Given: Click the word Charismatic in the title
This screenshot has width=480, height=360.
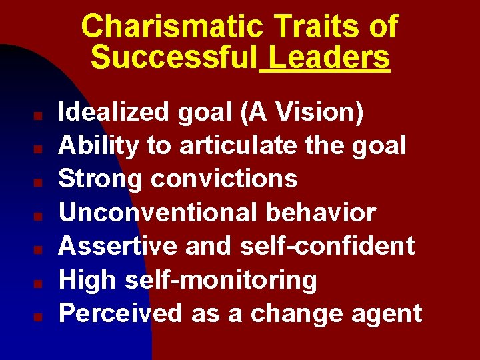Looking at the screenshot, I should (172, 27).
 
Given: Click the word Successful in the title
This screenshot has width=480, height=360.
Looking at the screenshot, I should (173, 58).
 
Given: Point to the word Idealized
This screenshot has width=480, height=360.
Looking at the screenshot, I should (114, 112).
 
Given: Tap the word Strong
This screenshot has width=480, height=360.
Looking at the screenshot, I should (101, 179).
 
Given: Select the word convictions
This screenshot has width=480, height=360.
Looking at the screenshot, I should (224, 179).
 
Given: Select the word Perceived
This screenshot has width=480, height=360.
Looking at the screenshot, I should (121, 313).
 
